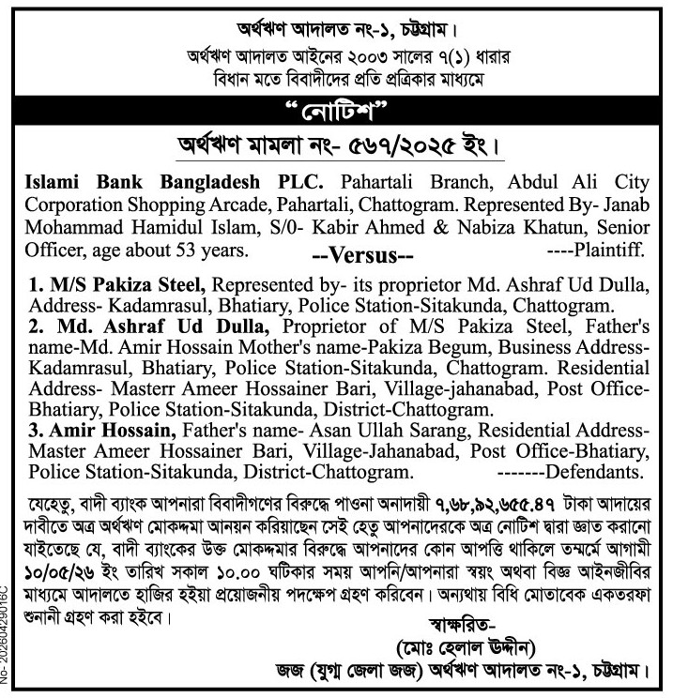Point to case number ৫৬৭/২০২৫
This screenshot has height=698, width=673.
[x=433, y=148]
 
